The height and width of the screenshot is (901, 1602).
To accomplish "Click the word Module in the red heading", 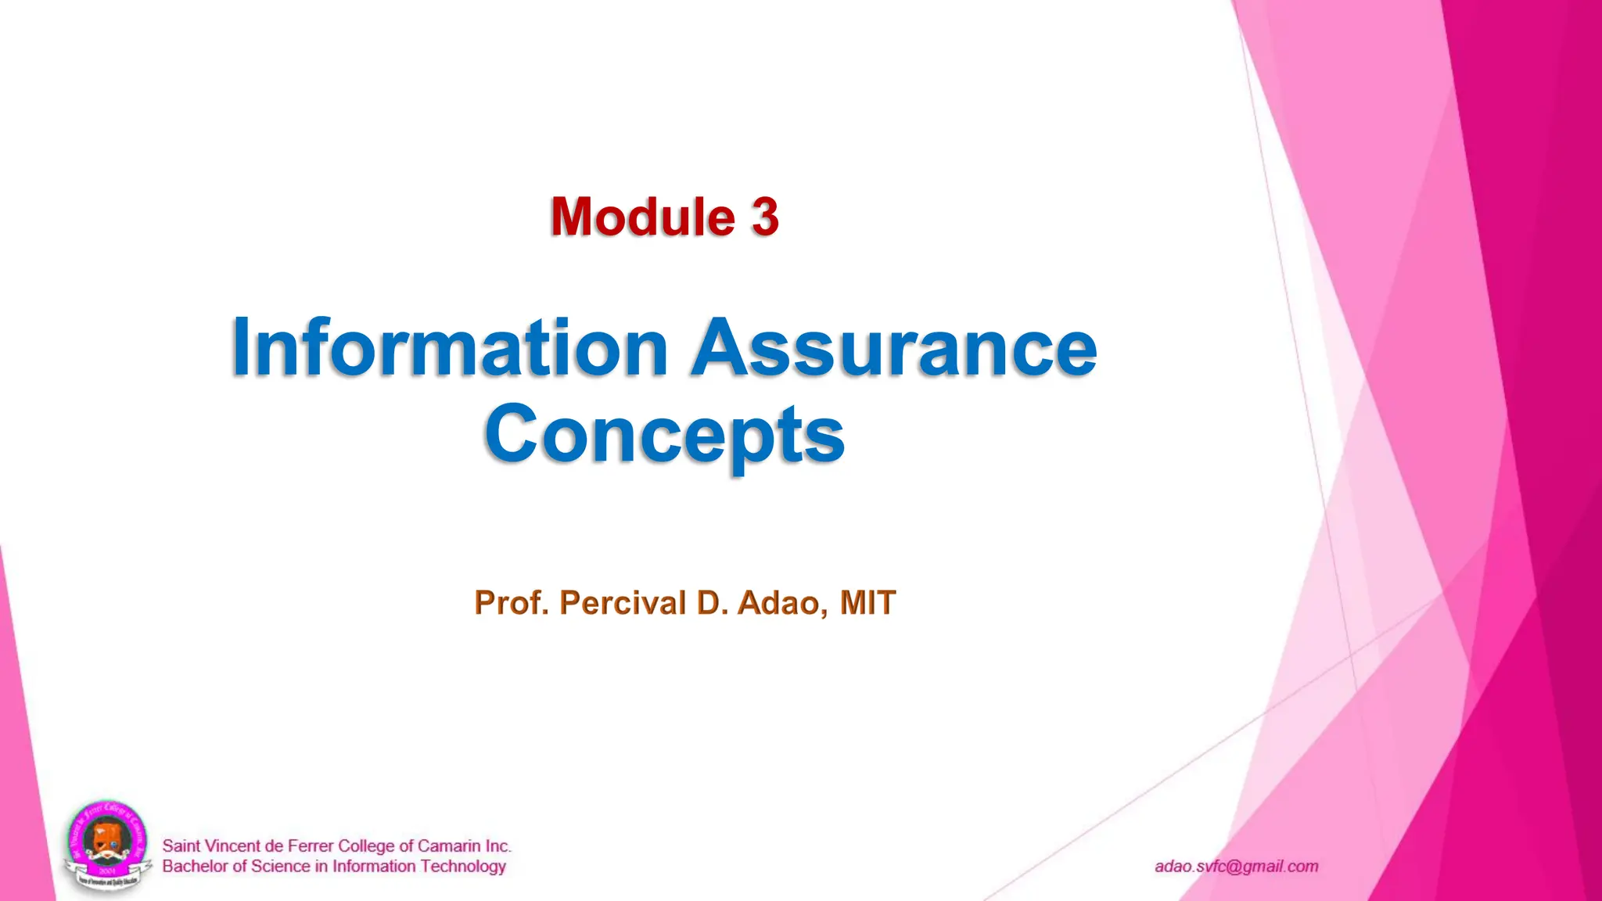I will [642, 217].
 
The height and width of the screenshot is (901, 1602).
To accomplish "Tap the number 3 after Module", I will [765, 217].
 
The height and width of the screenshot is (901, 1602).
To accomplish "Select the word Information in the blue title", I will [449, 348].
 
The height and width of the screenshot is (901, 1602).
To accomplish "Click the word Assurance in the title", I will [894, 348].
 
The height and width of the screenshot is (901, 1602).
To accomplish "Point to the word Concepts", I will [664, 436].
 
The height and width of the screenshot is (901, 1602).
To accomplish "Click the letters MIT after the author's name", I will [867, 603].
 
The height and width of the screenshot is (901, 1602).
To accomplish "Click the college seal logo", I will [107, 846].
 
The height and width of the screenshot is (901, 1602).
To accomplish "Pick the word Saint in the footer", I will [181, 846].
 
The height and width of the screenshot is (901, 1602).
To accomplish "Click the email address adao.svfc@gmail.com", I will [1236, 867].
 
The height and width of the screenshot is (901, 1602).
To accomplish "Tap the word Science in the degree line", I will [281, 867].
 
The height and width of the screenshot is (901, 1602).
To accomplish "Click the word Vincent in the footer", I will [232, 846].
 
